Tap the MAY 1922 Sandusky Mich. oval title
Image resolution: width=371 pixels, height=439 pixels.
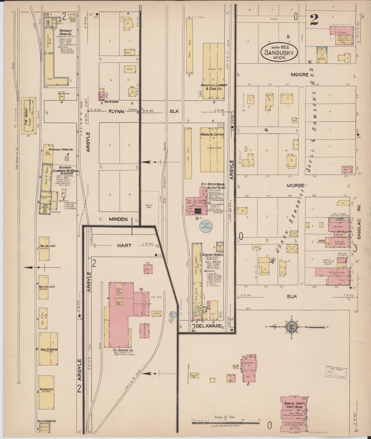pos(279,53)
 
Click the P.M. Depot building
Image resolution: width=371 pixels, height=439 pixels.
pos(28,116)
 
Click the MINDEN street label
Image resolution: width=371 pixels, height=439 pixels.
pos(118,219)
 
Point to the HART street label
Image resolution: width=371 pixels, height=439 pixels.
pos(124,245)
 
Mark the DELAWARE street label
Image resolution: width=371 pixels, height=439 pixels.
pos(209,326)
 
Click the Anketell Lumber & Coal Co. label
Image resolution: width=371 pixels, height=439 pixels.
pos(214,87)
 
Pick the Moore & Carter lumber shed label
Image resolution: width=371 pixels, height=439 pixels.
pos(212,135)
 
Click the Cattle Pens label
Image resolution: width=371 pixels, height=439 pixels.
pos(149,206)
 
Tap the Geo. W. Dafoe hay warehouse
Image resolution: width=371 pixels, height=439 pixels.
pos(48,349)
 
